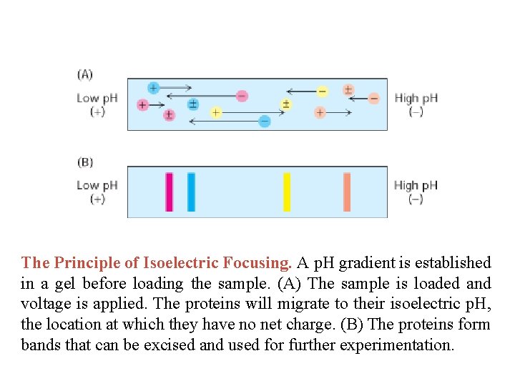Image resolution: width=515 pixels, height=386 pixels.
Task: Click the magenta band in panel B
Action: click(x=170, y=192)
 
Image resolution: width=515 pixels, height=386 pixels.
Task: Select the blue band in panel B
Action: click(x=191, y=192)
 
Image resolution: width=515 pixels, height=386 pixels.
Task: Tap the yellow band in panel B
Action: click(x=287, y=192)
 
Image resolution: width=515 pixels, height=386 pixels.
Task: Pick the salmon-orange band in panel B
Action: click(x=347, y=192)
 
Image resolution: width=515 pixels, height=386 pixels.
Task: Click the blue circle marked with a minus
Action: click(x=265, y=122)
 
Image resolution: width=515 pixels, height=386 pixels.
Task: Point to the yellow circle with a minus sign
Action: click(x=322, y=91)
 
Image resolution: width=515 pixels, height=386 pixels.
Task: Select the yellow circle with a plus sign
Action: click(x=215, y=112)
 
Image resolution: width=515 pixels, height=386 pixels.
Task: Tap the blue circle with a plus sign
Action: click(x=153, y=88)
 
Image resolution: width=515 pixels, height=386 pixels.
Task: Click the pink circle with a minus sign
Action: click(x=242, y=96)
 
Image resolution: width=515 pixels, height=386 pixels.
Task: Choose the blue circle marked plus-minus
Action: click(x=192, y=104)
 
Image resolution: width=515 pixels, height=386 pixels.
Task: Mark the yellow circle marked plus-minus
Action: click(x=285, y=104)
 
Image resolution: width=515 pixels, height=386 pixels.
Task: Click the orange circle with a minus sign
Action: click(x=373, y=99)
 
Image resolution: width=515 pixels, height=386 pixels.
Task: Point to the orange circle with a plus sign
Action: click(x=320, y=112)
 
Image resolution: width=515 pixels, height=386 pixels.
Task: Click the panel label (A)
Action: click(x=85, y=74)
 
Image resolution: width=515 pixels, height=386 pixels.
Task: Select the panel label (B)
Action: click(x=85, y=162)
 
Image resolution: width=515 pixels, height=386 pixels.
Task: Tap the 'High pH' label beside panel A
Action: click(x=416, y=98)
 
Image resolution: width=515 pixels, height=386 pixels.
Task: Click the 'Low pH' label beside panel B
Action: click(x=97, y=185)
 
